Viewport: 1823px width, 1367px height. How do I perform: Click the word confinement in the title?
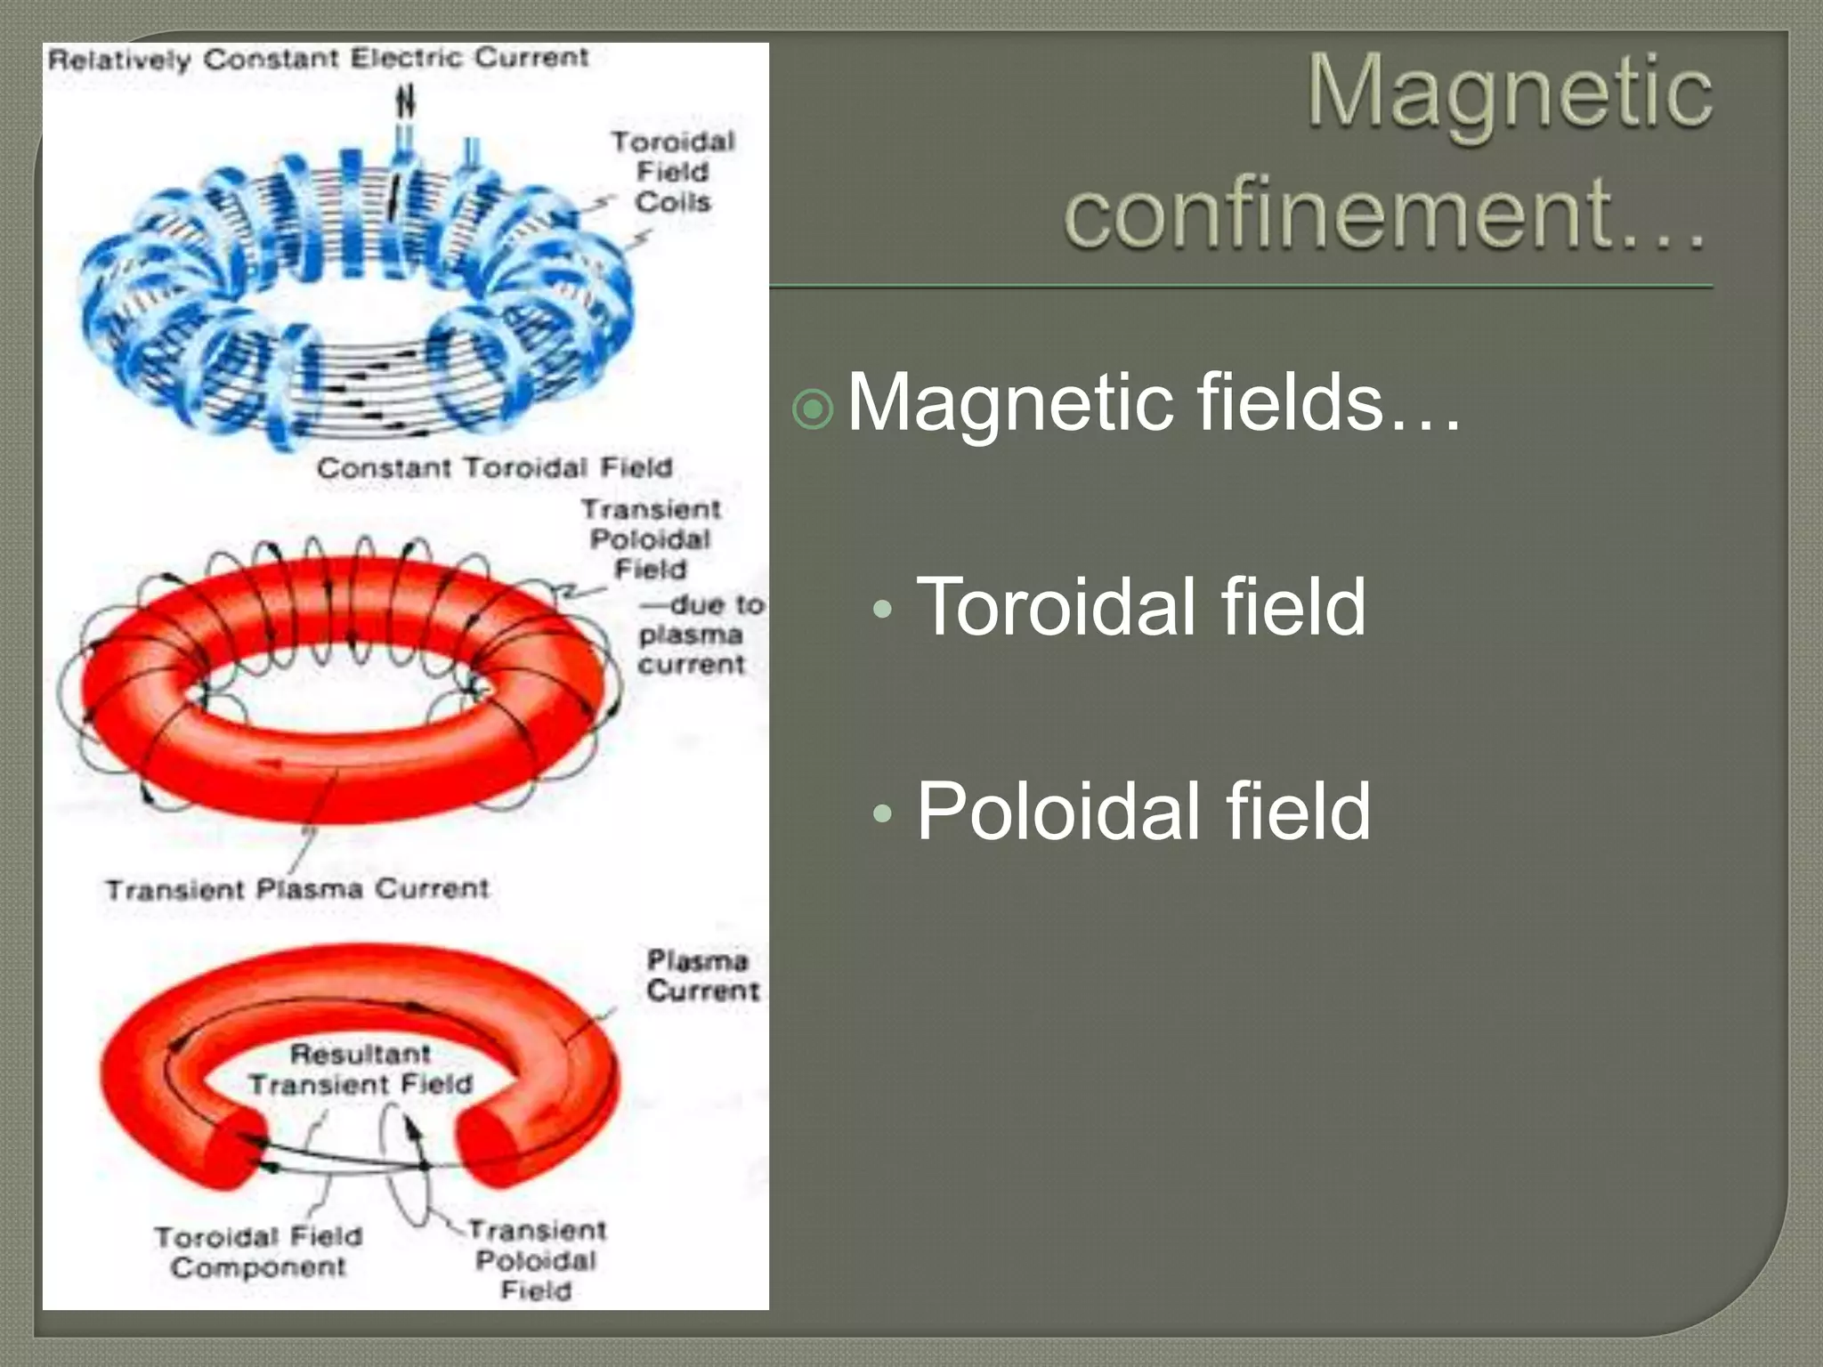[x=1335, y=214]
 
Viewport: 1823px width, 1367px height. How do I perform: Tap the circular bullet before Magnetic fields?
[x=812, y=409]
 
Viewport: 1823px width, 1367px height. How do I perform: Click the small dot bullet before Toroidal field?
[x=882, y=610]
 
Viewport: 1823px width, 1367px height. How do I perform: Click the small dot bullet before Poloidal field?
[x=882, y=813]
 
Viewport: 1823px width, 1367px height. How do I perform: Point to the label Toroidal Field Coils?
[x=673, y=172]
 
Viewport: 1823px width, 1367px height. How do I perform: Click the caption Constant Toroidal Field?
[x=494, y=468]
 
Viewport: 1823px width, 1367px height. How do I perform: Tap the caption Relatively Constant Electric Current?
[x=318, y=59]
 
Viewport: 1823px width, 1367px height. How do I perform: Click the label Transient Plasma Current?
[x=297, y=889]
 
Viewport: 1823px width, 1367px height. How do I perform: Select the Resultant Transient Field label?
[x=361, y=1069]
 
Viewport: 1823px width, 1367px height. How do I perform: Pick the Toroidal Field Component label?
[x=258, y=1251]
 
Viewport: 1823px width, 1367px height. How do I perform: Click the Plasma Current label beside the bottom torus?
[x=702, y=975]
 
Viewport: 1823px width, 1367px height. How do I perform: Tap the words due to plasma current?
[x=700, y=635]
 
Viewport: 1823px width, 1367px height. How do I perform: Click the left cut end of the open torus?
[x=233, y=1148]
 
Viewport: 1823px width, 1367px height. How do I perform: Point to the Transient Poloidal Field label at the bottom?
[x=537, y=1260]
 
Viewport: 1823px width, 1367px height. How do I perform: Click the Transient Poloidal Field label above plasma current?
[x=651, y=539]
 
